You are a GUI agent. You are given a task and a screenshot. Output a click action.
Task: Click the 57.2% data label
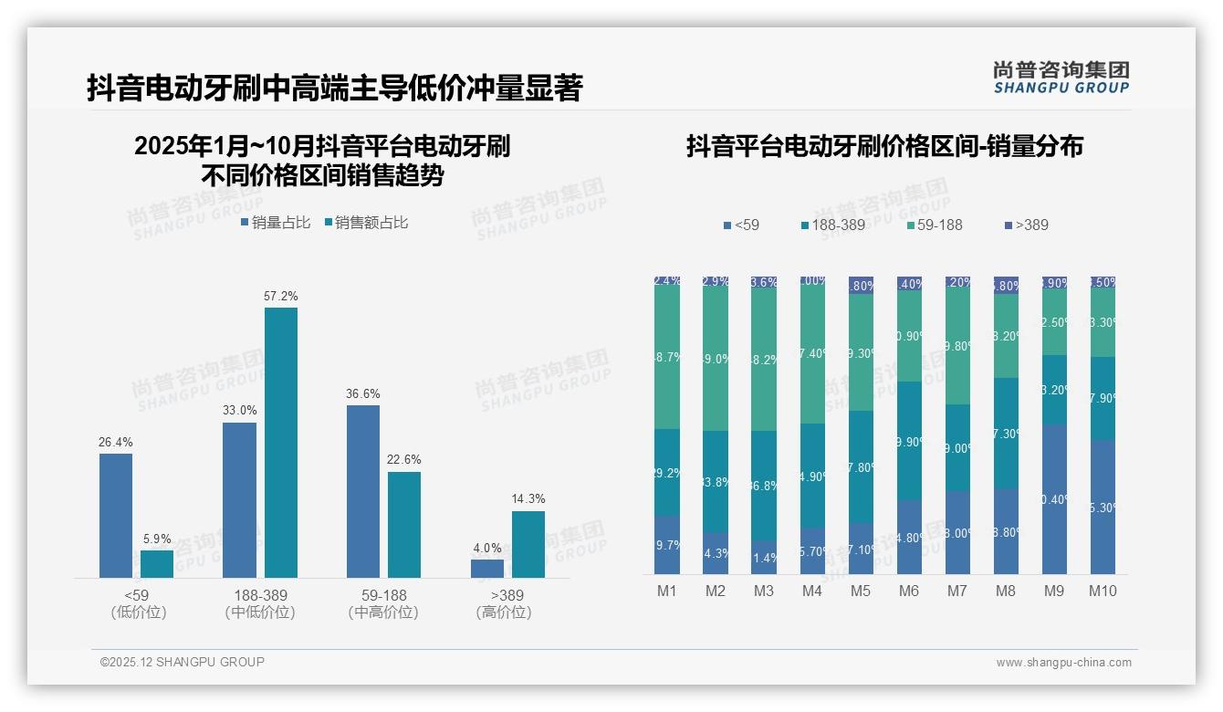pos(281,297)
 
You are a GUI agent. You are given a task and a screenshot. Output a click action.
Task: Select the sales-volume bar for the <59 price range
pos(116,516)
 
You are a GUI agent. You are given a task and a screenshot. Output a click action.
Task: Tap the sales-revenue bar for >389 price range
pos(528,544)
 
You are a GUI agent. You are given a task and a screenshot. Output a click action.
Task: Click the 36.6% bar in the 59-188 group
pos(363,491)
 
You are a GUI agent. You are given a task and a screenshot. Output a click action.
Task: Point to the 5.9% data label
pos(157,539)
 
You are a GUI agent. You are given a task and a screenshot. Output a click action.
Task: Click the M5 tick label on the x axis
pos(861,591)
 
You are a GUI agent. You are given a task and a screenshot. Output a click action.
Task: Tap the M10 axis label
pos(1103,591)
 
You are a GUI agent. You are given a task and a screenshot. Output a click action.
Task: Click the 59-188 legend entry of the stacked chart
pos(935,225)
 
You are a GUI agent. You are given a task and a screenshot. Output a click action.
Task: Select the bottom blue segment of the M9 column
pos(1054,498)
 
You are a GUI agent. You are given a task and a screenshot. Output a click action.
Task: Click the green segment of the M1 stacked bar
pos(667,358)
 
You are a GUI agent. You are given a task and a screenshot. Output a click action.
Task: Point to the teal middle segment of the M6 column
pos(909,440)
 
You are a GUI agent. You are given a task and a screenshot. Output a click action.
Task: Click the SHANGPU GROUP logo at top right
pos(1061,78)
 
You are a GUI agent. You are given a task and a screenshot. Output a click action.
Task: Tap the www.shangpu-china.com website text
pos(1063,663)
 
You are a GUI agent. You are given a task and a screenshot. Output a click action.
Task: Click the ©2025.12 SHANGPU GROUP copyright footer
pos(183,662)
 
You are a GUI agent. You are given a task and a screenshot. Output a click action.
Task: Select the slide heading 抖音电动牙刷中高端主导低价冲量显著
pos(334,89)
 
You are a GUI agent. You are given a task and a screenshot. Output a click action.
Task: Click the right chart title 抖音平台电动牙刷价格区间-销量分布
pos(884,147)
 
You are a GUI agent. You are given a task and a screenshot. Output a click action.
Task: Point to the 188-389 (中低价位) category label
pos(260,603)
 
